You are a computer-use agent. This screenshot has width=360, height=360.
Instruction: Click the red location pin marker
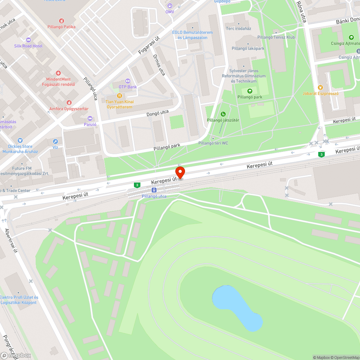click(x=180, y=172)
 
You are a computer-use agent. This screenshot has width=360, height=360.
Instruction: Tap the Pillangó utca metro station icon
click(x=154, y=190)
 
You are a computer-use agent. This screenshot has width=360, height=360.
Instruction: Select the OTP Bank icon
click(x=127, y=81)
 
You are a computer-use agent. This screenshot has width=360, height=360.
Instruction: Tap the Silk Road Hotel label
click(x=28, y=46)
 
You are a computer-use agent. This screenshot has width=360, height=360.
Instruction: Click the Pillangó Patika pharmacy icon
click(x=62, y=21)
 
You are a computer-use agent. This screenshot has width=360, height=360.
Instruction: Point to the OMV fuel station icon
click(x=170, y=6)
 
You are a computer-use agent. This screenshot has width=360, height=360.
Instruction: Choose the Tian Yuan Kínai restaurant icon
click(x=119, y=96)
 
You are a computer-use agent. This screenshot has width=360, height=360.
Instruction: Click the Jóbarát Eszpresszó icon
click(x=320, y=87)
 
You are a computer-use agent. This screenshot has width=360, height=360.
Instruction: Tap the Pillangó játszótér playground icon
click(x=223, y=114)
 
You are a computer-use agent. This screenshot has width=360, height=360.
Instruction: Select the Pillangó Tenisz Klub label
click(x=276, y=37)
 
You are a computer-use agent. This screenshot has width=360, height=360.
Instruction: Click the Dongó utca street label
click(x=158, y=114)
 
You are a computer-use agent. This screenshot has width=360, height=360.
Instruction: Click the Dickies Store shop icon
click(x=20, y=140)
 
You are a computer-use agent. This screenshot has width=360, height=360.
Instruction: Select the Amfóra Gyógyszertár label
click(x=69, y=109)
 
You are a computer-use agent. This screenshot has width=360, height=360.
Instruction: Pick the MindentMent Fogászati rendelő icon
click(x=58, y=73)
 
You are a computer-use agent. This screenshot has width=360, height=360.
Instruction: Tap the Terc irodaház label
click(x=238, y=28)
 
